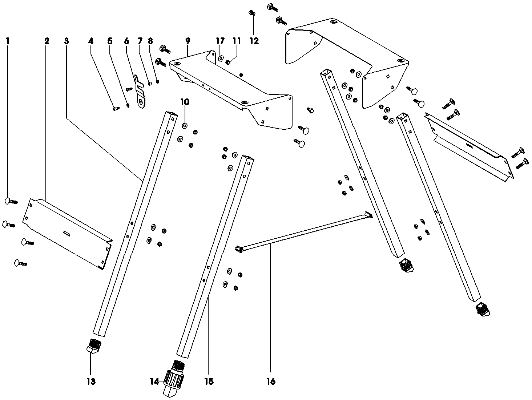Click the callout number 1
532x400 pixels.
click(8, 41)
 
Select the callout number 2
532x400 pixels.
click(47, 41)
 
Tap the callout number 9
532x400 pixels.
click(188, 41)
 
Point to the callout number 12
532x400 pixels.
click(254, 41)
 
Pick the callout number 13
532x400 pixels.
click(91, 381)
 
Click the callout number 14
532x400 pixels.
click(154, 381)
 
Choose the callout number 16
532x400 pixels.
click(271, 381)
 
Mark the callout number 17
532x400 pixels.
click(220, 41)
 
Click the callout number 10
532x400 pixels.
click(185, 102)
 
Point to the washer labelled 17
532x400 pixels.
click(220, 58)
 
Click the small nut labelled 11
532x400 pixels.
click(228, 62)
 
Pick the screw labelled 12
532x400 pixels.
click(251, 13)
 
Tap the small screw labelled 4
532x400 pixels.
click(116, 108)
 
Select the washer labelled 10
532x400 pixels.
click(185, 126)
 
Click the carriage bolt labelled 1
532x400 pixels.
click(11, 201)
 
